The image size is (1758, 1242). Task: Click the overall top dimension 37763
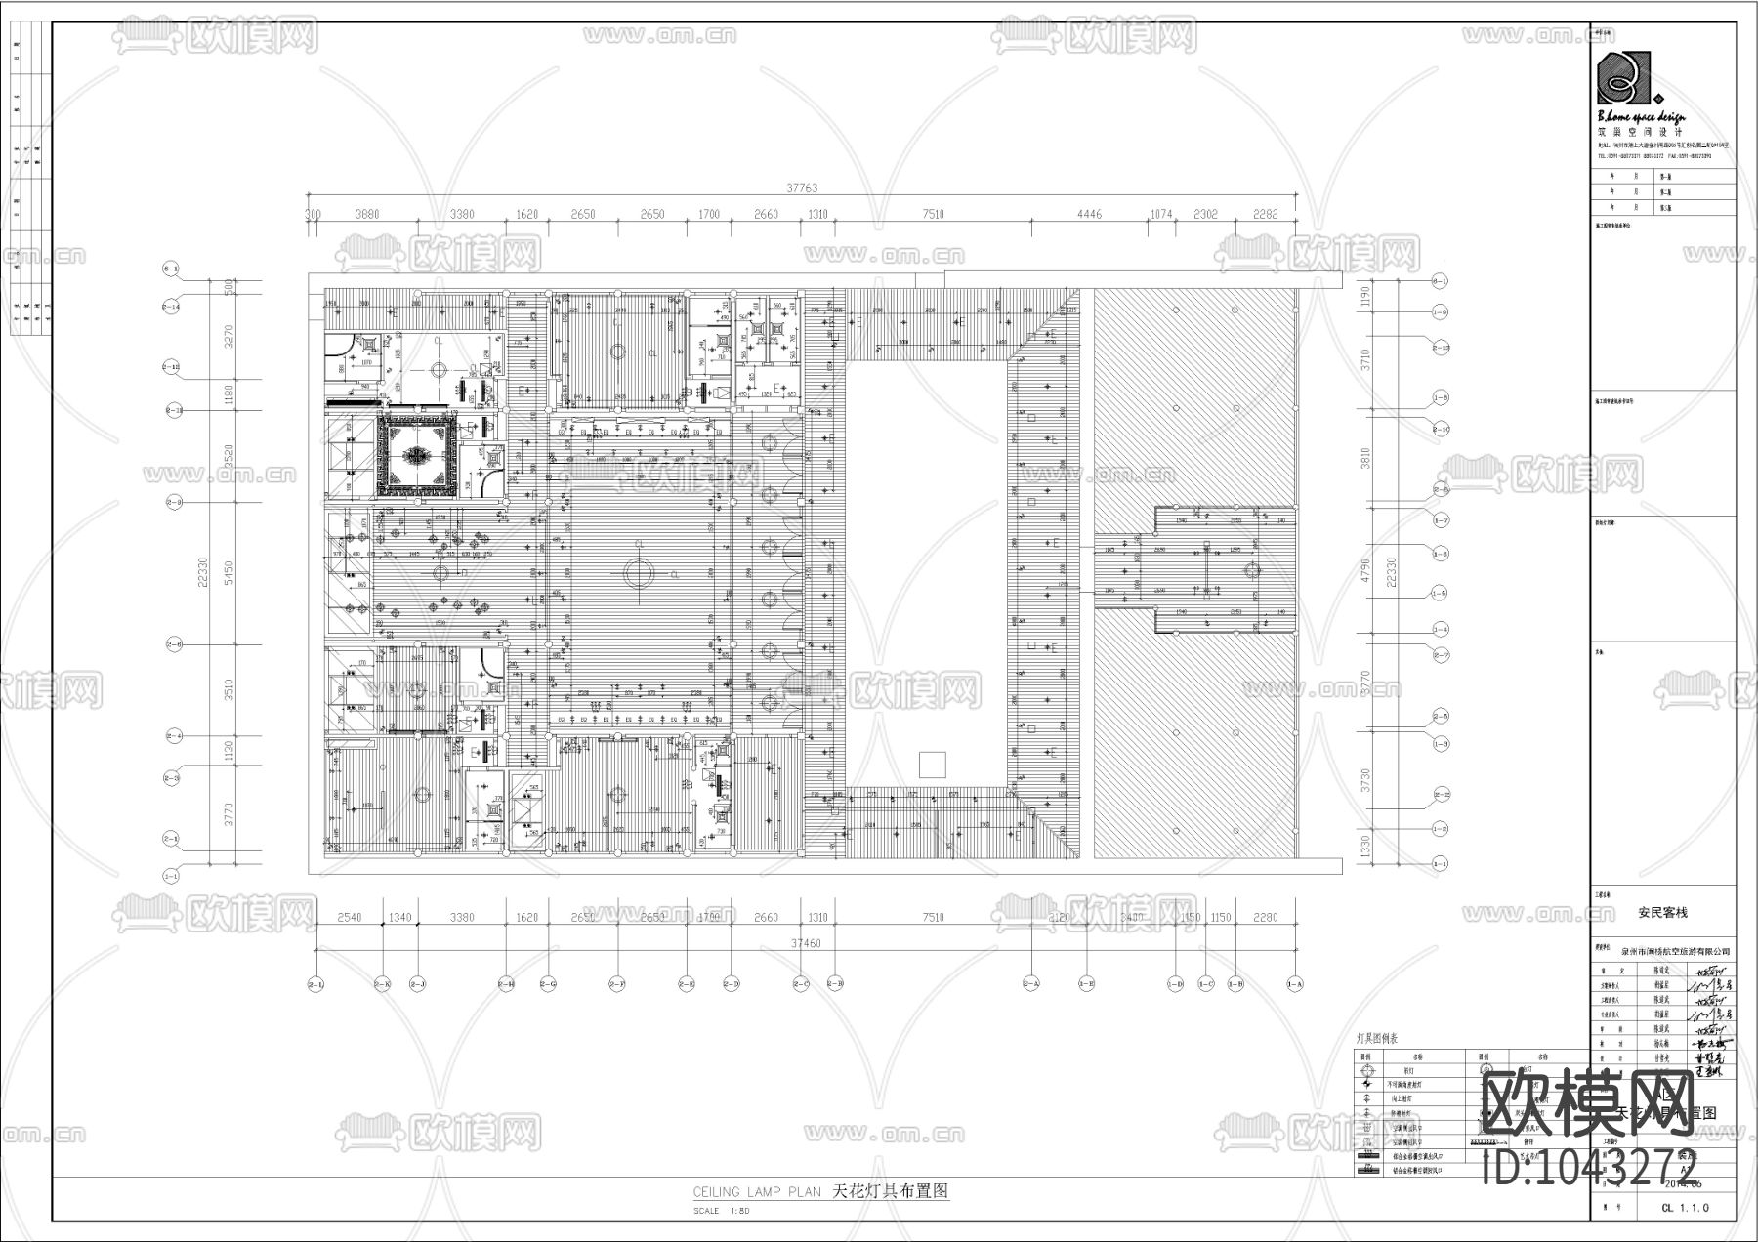tap(802, 188)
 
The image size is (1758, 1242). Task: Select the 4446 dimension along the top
tap(1089, 215)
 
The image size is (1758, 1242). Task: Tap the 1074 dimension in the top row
tap(1160, 215)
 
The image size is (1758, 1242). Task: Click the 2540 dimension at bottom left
tap(349, 917)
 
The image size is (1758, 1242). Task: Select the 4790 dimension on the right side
tap(1366, 569)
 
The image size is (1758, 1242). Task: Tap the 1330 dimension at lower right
tap(1366, 845)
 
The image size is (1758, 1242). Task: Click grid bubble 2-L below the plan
tap(315, 985)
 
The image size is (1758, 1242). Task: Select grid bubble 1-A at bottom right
tap(1296, 985)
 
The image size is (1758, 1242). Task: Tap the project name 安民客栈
tap(1662, 913)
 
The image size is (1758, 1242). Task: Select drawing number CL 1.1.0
tap(1685, 1208)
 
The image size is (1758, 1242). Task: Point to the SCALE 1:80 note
tap(721, 1211)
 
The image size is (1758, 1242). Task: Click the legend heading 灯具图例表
tap(1378, 1038)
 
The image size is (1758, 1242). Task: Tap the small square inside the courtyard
tap(934, 764)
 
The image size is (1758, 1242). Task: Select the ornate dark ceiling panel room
tap(419, 455)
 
